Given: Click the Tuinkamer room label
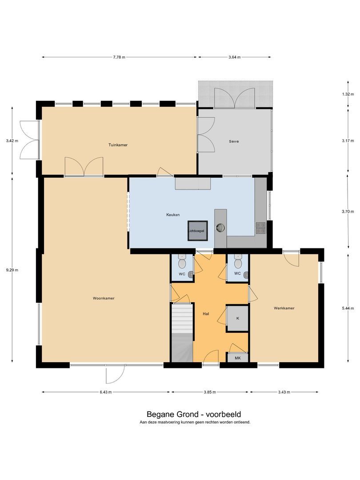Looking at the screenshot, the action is pyautogui.click(x=118, y=145).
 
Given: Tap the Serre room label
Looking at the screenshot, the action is pyautogui.click(x=234, y=141).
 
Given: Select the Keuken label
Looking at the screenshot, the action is pyautogui.click(x=173, y=215).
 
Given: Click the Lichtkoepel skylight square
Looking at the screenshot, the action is pyautogui.click(x=197, y=231).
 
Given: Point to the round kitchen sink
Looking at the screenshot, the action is pyautogui.click(x=220, y=227).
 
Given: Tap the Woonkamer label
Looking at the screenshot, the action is pyautogui.click(x=104, y=298).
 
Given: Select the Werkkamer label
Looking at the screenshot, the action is pyautogui.click(x=284, y=308).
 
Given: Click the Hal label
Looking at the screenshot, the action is pyautogui.click(x=206, y=314).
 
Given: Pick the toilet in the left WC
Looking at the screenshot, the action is pyautogui.click(x=182, y=262).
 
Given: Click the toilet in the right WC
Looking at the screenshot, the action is pyautogui.click(x=237, y=262).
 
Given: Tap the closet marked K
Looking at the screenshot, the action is pyautogui.click(x=237, y=318).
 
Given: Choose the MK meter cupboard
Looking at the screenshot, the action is pyautogui.click(x=238, y=357).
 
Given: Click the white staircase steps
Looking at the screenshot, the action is pyautogui.click(x=182, y=318).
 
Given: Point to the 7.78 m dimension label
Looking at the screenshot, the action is pyautogui.click(x=119, y=57).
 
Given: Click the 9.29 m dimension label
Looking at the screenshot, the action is pyautogui.click(x=12, y=270).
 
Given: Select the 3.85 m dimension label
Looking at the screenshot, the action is pyautogui.click(x=210, y=392).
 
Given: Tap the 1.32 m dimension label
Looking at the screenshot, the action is pyautogui.click(x=348, y=94).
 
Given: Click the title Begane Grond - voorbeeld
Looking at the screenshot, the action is pyautogui.click(x=194, y=415).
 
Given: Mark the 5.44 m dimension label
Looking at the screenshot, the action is pyautogui.click(x=348, y=308).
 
